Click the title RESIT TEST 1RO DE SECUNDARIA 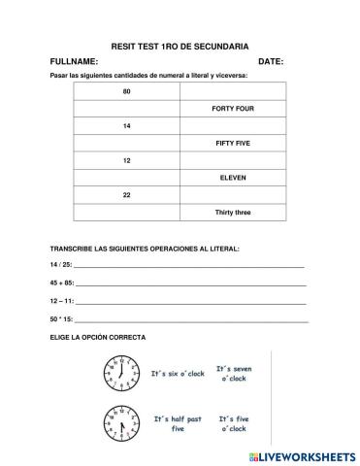click(x=180, y=46)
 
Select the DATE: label click(x=270, y=61)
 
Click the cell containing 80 click(x=126, y=91)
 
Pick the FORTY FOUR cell click(x=232, y=109)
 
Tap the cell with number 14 click(x=126, y=126)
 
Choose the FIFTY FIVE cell click(x=232, y=143)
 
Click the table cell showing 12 click(x=126, y=160)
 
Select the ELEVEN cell click(x=232, y=178)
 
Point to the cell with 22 click(x=126, y=195)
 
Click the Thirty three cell click(x=232, y=212)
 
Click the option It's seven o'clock click(x=234, y=374)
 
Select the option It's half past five click(x=178, y=423)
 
